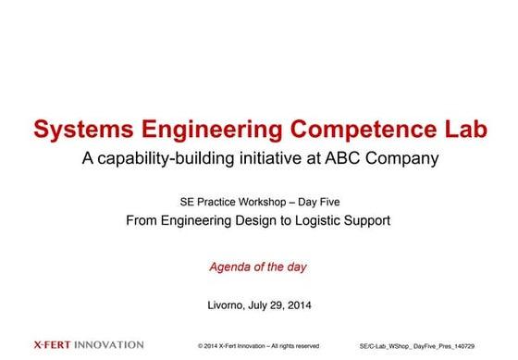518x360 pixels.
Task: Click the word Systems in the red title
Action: pyautogui.click(x=83, y=130)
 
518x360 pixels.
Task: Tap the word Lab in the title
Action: pyautogui.click(x=466, y=129)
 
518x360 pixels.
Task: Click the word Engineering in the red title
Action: pyautogui.click(x=212, y=130)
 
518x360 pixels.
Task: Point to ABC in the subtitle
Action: pyautogui.click(x=342, y=158)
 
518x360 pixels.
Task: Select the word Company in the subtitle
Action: pyautogui.click(x=402, y=159)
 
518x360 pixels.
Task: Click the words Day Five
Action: pyautogui.click(x=319, y=203)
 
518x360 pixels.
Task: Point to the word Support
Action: pyautogui.click(x=367, y=221)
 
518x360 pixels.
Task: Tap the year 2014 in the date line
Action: pyautogui.click(x=300, y=305)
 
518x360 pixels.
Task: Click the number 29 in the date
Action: pyautogui.click(x=277, y=305)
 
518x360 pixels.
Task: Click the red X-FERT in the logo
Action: pyautogui.click(x=52, y=345)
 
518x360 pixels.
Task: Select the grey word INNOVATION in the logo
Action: pyautogui.click(x=109, y=345)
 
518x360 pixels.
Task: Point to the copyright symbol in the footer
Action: pyautogui.click(x=200, y=346)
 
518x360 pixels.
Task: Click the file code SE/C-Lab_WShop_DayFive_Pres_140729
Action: pyautogui.click(x=417, y=346)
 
